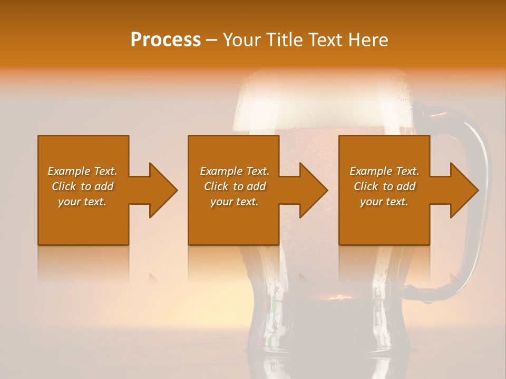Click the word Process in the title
point(166,39)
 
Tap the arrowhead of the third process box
point(463,190)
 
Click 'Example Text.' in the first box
point(82,171)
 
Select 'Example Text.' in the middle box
point(235,171)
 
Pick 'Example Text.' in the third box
point(384,171)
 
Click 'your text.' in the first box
point(82,202)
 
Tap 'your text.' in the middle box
point(235,202)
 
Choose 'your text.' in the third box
point(384,202)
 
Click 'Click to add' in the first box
point(82,186)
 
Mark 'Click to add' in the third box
point(384,186)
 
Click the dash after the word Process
point(211,40)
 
